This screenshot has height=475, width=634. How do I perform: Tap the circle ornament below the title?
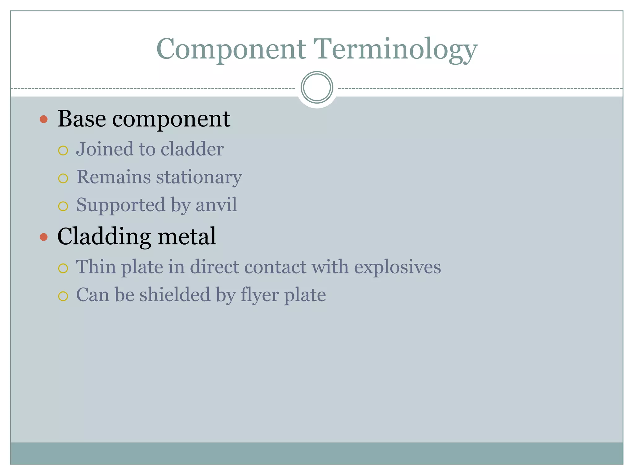point(317,87)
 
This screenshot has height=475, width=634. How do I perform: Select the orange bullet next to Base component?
point(44,119)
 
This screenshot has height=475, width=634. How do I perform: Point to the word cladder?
point(192,149)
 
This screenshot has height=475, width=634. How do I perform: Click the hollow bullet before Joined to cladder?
point(63,151)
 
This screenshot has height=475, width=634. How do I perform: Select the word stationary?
point(199,178)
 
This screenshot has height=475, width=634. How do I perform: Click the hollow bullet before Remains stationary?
point(63,178)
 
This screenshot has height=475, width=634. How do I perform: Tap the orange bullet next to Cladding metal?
point(44,237)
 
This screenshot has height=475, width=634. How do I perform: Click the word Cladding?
point(104,237)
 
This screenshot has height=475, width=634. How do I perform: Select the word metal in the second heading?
point(187,236)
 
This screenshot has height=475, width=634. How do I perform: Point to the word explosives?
point(397,267)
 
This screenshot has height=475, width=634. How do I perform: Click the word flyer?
point(259,295)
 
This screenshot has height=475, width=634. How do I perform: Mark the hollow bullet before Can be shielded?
point(63,296)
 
